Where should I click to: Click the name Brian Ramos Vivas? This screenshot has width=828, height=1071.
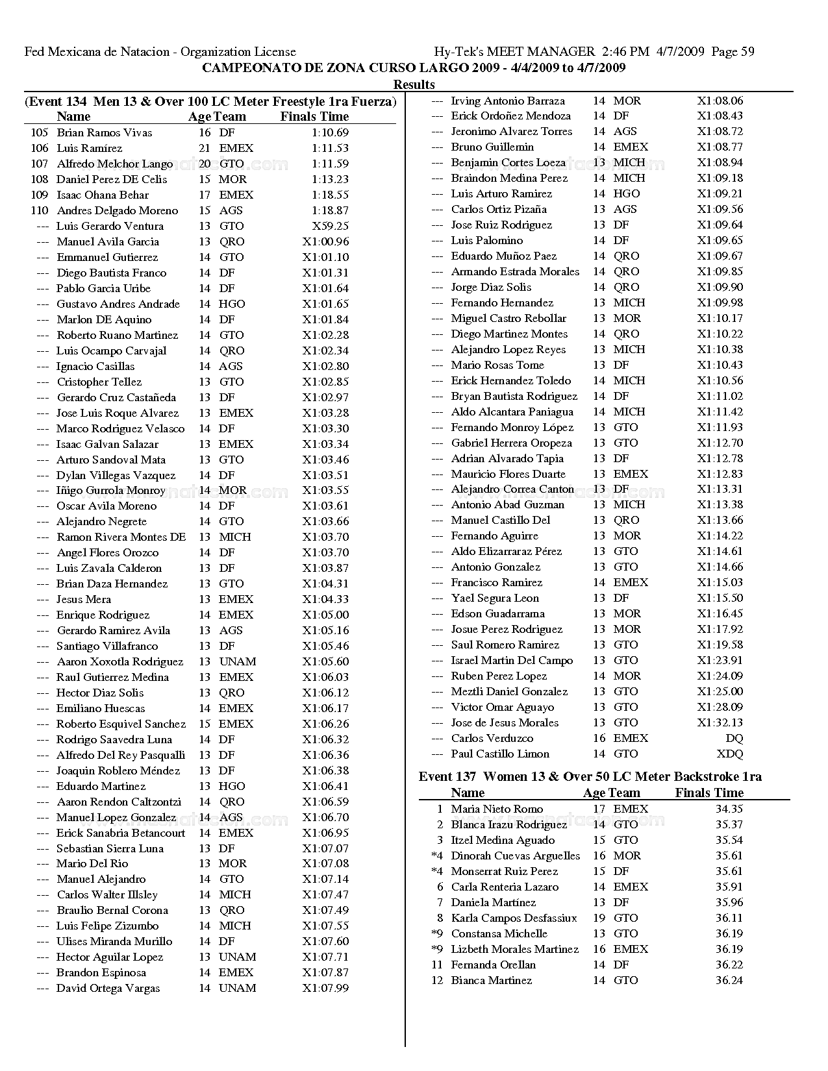[x=104, y=132]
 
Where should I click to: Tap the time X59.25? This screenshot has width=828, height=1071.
[x=331, y=226]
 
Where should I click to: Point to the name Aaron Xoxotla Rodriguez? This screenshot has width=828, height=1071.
[x=119, y=661]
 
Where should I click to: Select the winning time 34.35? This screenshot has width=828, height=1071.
[x=729, y=809]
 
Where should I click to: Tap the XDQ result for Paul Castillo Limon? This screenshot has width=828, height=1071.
[x=729, y=754]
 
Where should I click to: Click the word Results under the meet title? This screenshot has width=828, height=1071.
[x=414, y=84]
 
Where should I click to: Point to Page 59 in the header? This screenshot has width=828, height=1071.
[x=733, y=52]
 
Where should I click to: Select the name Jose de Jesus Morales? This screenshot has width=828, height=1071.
[x=505, y=722]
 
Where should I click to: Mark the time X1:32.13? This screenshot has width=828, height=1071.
[x=720, y=722]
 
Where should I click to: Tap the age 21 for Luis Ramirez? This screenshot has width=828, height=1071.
[x=205, y=148]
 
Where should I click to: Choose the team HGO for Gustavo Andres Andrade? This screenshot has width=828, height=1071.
[x=232, y=304]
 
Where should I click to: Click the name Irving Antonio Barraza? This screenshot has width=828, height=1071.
[x=508, y=101]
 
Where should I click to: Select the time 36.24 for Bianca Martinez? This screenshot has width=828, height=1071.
[x=729, y=980]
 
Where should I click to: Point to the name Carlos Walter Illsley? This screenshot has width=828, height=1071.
[x=107, y=894]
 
